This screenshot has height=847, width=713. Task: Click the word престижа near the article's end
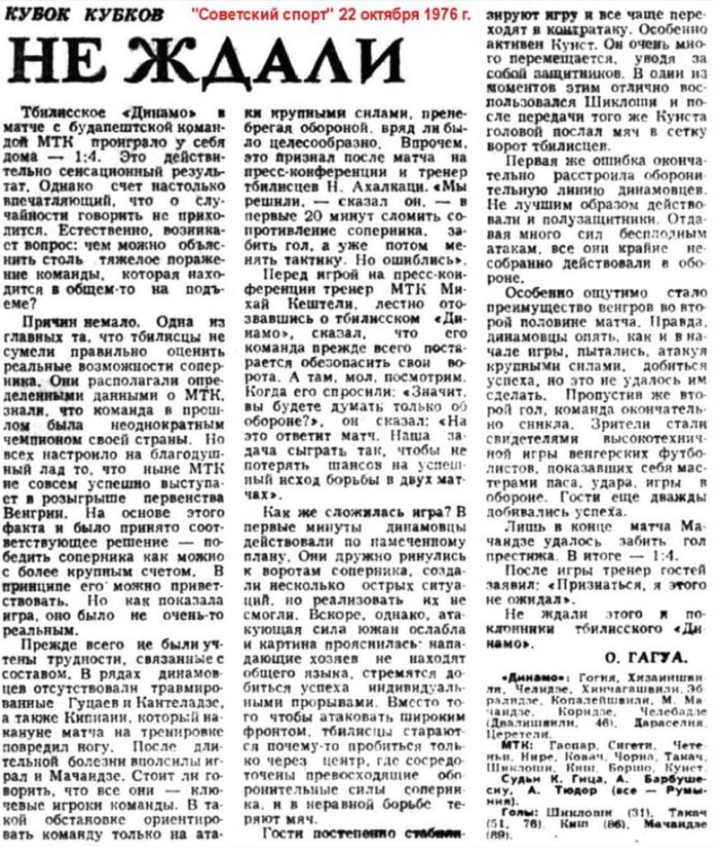coord(516,554)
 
